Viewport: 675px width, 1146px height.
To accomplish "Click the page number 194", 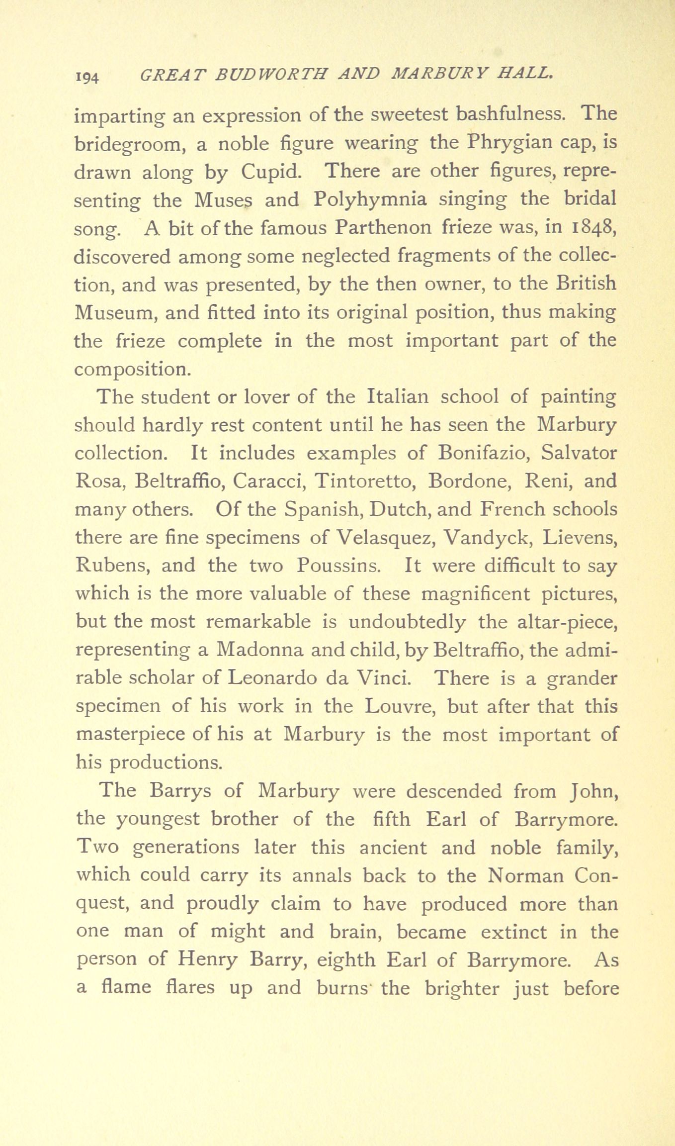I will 88,78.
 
